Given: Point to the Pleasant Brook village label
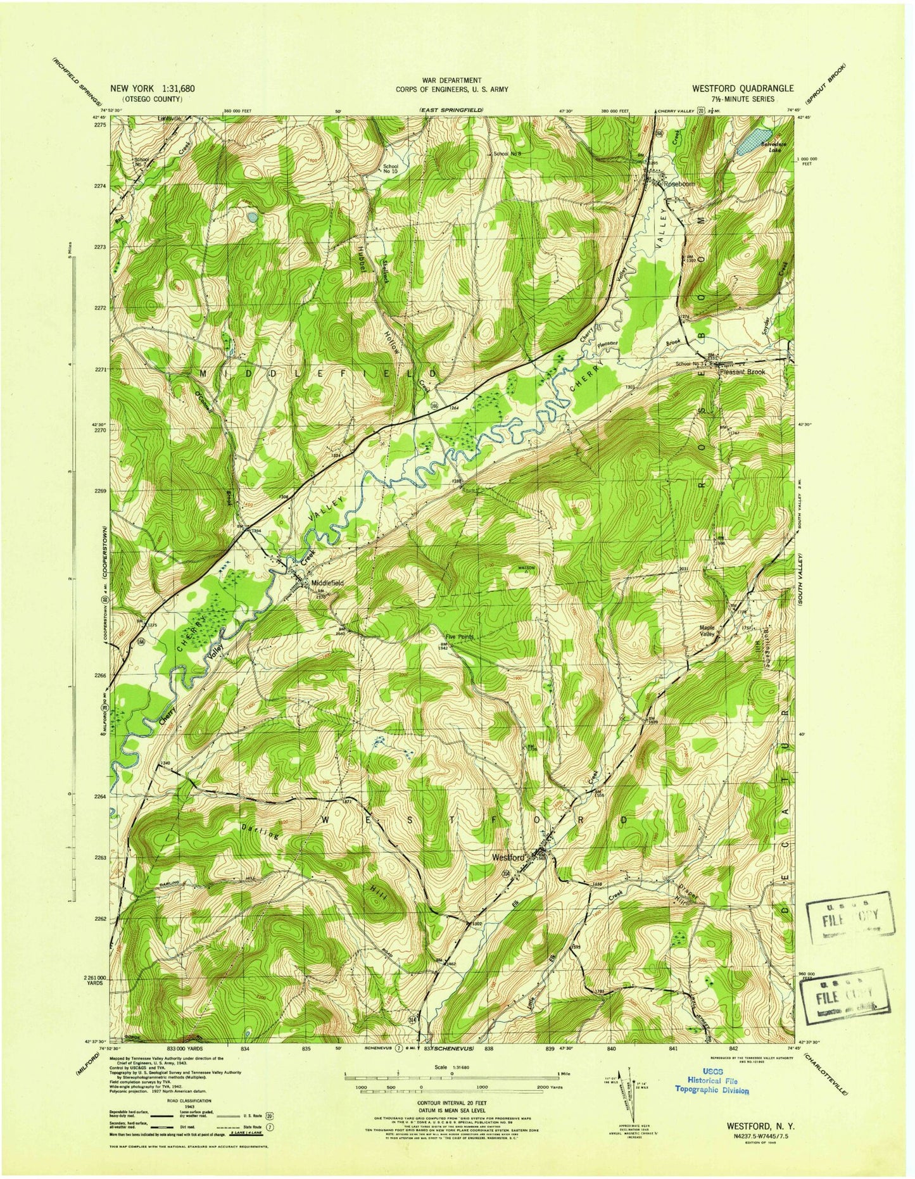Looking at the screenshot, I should [x=742, y=372].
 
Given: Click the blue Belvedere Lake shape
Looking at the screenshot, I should [x=754, y=142].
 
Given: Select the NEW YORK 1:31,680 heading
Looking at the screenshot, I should [x=153, y=89].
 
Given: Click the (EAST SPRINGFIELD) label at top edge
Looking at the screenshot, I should [x=451, y=111].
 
